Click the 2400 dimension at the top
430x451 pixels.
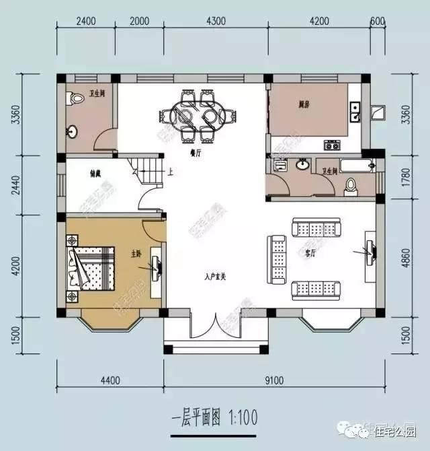[x=87, y=21]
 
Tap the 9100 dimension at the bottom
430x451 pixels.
[x=273, y=380]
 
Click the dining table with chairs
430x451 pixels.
[x=198, y=116]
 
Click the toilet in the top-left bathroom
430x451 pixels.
[x=72, y=98]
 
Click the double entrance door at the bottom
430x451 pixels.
[x=215, y=325]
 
